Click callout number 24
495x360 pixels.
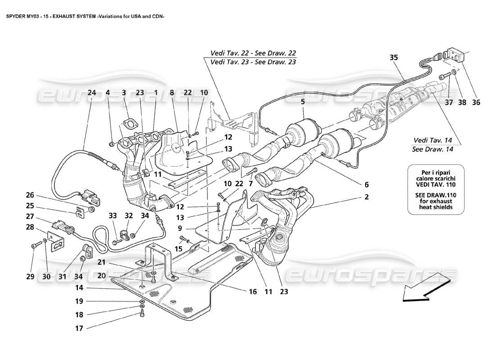pyautogui.click(x=92, y=93)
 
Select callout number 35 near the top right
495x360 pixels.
pyautogui.click(x=394, y=58)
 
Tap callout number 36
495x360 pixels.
pyautogui.click(x=476, y=102)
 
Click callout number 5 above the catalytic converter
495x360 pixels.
pyautogui.click(x=303, y=102)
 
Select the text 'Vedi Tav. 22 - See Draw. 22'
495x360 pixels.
pyautogui.click(x=252, y=53)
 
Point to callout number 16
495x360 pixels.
pyautogui.click(x=252, y=292)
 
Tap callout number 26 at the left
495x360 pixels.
pyautogui.click(x=30, y=195)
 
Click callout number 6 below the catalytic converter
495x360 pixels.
pyautogui.click(x=366, y=184)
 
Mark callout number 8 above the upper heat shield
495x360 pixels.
pyautogui.click(x=171, y=93)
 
